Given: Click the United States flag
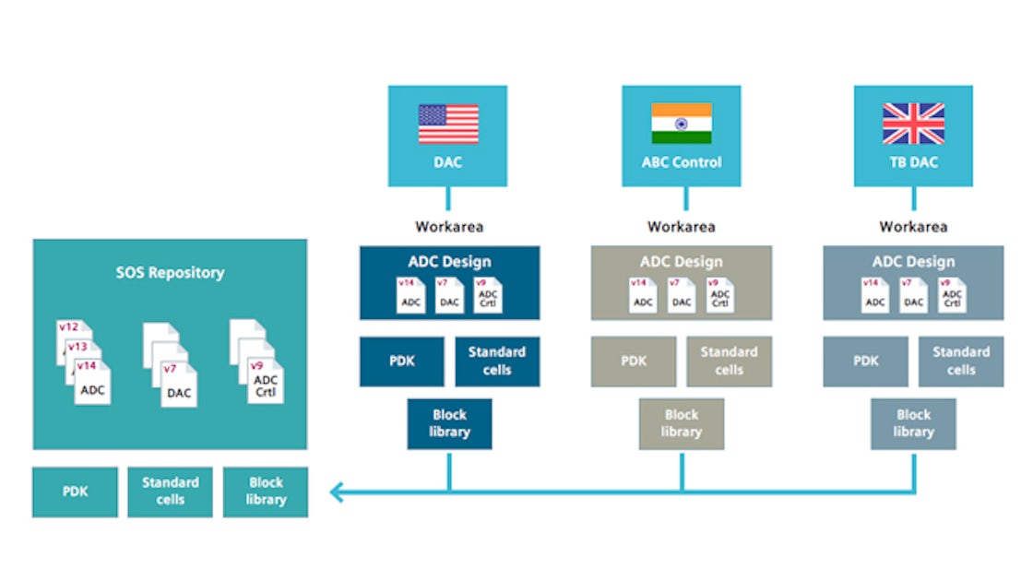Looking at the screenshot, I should (448, 124).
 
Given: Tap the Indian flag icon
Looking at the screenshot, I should (682, 124).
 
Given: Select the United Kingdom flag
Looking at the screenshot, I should (913, 124).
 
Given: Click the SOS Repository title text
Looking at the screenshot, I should (170, 272).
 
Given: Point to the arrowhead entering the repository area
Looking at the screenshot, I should (337, 492).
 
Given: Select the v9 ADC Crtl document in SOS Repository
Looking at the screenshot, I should (265, 382).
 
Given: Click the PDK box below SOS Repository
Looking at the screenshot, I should (75, 492).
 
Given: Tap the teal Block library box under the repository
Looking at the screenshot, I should (266, 492).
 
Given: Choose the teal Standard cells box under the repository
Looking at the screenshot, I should (170, 492).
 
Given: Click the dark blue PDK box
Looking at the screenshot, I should (401, 361).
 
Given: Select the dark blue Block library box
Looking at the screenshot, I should (449, 423).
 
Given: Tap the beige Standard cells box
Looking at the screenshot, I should (729, 361).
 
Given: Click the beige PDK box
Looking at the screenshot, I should (634, 361).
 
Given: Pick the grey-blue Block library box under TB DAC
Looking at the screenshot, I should (913, 423).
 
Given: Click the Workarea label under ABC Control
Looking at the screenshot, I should (681, 226).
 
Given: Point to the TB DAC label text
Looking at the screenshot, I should (913, 162).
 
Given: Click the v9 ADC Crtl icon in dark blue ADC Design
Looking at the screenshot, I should (487, 296).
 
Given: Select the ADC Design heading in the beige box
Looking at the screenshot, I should (682, 261).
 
